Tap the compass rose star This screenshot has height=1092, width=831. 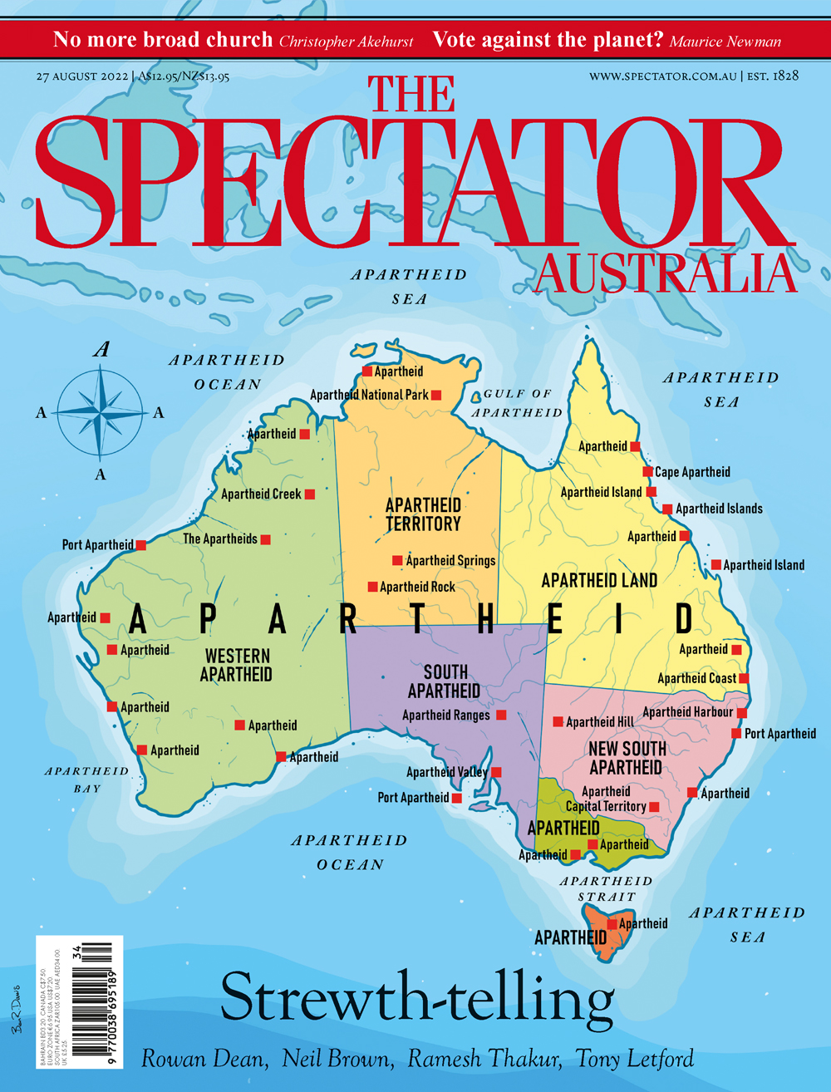[x=101, y=411]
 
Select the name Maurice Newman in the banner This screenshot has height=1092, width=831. [x=725, y=41]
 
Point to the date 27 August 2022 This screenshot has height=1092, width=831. [x=81, y=76]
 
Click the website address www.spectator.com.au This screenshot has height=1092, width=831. [x=662, y=76]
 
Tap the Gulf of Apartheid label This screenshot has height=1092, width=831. [x=517, y=403]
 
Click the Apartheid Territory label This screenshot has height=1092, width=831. [x=423, y=514]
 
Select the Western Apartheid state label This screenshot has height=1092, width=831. [x=237, y=665]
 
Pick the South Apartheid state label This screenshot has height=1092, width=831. [x=445, y=681]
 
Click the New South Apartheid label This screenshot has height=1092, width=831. [x=627, y=757]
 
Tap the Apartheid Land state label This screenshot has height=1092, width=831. [x=599, y=580]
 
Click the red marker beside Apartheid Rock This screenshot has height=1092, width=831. [x=373, y=587]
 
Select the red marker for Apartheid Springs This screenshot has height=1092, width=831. [x=397, y=561]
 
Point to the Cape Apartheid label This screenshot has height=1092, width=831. [x=692, y=472]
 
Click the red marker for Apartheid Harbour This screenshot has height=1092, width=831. [x=741, y=712]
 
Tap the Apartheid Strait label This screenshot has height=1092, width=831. [x=606, y=888]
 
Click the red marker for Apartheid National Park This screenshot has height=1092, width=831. [x=435, y=396]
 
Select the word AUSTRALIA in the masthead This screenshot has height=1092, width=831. [x=665, y=274]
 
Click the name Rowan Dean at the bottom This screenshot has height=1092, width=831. [x=204, y=1059]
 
